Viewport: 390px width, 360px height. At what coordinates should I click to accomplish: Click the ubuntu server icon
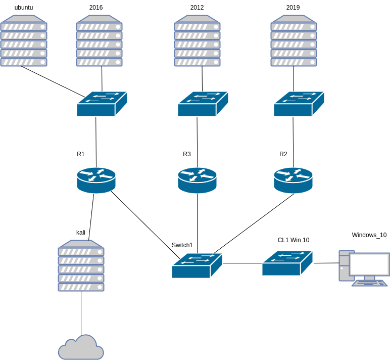(x=24, y=41)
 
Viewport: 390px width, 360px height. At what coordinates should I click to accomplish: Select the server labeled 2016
(x=99, y=41)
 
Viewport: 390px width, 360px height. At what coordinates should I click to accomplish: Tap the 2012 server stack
(x=197, y=41)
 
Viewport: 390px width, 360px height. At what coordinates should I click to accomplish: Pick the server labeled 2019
(x=294, y=41)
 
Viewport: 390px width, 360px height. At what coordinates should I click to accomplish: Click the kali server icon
(x=81, y=265)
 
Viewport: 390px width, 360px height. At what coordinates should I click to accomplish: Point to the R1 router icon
(x=96, y=181)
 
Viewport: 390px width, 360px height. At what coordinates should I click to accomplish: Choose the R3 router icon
(x=197, y=181)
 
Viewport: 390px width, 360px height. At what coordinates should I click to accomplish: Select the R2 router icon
(x=293, y=181)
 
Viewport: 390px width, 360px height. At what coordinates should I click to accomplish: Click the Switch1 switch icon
(x=197, y=265)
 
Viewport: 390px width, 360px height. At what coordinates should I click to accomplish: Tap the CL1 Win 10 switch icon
(x=287, y=263)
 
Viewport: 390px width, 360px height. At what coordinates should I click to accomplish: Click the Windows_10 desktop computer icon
(x=364, y=268)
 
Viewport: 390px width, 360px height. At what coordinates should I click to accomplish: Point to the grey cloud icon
(x=81, y=347)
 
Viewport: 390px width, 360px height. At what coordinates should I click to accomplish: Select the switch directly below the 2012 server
(x=203, y=104)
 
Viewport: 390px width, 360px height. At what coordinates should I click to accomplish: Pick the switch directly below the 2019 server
(x=299, y=104)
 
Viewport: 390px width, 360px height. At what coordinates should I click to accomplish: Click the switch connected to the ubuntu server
(x=102, y=104)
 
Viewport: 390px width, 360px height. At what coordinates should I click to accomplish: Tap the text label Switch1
(x=182, y=245)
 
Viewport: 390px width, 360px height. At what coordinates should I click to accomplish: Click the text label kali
(x=81, y=233)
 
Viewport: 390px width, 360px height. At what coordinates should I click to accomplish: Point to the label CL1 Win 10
(x=294, y=240)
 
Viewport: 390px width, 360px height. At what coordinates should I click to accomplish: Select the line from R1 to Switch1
(x=145, y=225)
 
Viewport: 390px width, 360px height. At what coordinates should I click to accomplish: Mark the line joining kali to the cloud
(x=81, y=313)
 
